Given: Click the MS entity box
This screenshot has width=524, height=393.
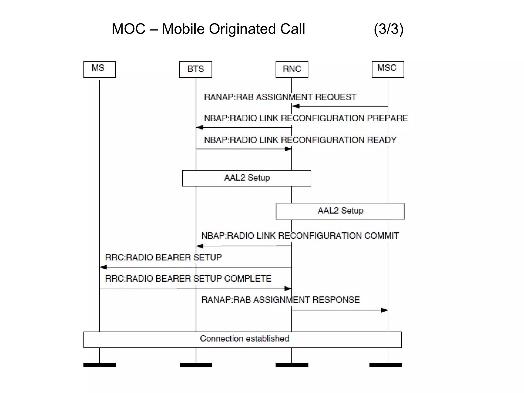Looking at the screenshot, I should click(x=100, y=69).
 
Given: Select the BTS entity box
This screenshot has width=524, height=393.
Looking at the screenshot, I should click(x=195, y=69).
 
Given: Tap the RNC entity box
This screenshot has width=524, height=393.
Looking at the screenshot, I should click(x=292, y=69).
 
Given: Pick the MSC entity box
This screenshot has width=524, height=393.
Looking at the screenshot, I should click(x=388, y=69).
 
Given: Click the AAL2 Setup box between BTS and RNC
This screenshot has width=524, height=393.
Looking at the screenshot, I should click(x=247, y=178).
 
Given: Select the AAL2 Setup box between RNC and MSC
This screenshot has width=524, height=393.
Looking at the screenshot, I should click(x=340, y=211).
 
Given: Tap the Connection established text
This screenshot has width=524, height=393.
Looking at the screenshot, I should click(x=245, y=339).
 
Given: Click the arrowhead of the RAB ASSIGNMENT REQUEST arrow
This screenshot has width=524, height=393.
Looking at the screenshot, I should click(x=296, y=106).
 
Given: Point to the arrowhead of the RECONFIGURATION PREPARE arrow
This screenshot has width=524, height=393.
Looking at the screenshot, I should click(x=200, y=127).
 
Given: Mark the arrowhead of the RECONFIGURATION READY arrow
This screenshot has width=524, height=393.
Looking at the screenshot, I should click(x=288, y=149).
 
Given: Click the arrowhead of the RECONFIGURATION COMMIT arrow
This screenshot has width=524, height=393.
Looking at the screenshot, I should click(x=200, y=246).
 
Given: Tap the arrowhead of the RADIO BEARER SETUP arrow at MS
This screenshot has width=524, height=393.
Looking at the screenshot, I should click(x=103, y=267).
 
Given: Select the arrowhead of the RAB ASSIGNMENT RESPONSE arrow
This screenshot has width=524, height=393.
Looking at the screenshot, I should click(x=384, y=310).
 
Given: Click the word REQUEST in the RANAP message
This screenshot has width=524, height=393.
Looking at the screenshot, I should click(x=335, y=97).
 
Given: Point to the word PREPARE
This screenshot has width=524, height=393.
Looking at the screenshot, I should click(x=387, y=118).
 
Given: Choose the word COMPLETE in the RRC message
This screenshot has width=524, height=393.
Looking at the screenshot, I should click(x=247, y=279).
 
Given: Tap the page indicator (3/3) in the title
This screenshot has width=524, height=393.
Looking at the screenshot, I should click(x=388, y=29).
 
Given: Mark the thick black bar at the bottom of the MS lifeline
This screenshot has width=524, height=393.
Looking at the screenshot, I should click(x=100, y=365).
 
